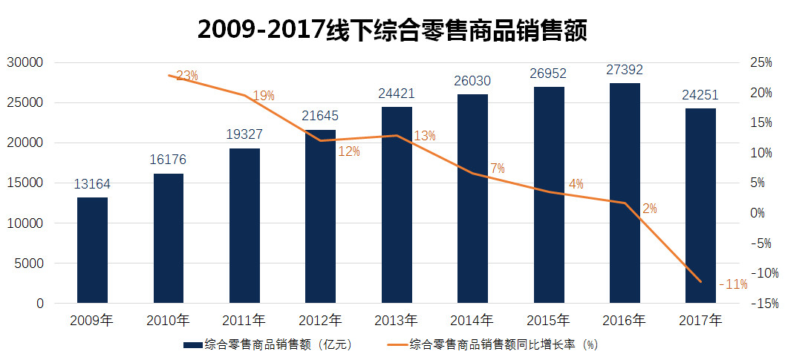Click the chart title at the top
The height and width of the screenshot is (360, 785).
point(392,30)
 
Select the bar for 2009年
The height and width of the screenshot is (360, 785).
point(92,250)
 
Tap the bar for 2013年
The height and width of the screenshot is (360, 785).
point(397,205)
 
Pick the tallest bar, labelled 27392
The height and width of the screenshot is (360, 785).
point(625,193)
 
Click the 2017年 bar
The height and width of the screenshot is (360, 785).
point(700,206)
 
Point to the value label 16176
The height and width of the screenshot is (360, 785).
point(168,160)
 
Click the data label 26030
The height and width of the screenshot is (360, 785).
point(472,80)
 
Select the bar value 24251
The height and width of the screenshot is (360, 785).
point(700,94)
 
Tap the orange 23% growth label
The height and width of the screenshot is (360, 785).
point(186,75)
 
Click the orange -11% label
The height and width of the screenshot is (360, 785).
point(733,284)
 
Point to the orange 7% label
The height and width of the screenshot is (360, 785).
point(497,168)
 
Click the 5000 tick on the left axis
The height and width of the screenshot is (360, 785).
point(32,264)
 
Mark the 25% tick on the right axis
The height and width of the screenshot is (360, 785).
point(761,62)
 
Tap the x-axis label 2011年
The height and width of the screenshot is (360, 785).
point(244,321)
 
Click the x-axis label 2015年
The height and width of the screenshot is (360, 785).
point(548,321)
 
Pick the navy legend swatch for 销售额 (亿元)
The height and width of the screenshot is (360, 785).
point(192,345)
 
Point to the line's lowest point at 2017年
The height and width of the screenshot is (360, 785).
point(700,281)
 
